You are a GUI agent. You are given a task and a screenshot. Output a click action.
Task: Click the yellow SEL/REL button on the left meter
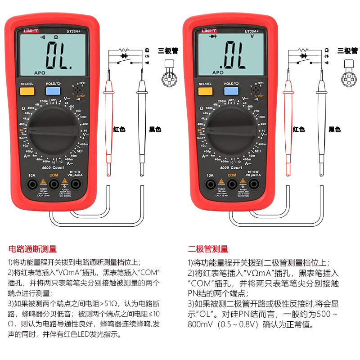point(27,91)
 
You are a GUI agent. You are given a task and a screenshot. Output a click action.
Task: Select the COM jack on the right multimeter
point(232,184)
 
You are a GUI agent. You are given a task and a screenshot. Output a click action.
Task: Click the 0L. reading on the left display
point(58,55)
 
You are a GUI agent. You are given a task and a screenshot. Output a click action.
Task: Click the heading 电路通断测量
point(32,248)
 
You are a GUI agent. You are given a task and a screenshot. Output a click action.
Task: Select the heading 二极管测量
point(208,248)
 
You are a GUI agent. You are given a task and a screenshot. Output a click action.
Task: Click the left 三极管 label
point(168,51)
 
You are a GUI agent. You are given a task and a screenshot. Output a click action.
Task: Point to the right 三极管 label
point(347,51)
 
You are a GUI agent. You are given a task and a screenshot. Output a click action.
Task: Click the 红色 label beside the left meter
point(119,129)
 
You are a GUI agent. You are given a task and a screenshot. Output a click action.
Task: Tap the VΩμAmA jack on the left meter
point(76,184)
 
